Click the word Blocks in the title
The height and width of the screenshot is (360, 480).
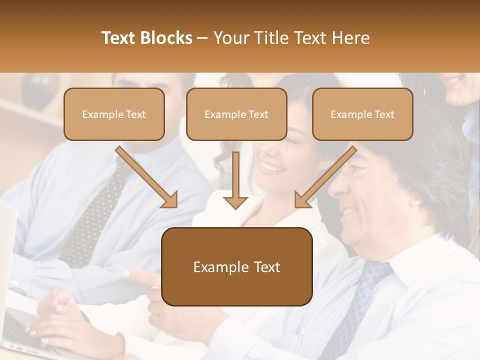click(166, 38)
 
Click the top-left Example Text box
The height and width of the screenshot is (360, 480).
click(114, 114)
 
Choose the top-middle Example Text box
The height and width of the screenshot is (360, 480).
click(236, 114)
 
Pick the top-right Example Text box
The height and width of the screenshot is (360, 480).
click(362, 114)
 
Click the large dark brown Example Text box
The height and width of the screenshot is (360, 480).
click(236, 267)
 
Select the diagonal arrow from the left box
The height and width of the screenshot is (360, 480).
click(147, 177)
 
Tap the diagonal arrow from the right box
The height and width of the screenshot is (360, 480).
click(325, 177)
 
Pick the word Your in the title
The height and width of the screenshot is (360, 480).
click(230, 38)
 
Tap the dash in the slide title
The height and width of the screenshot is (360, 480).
click(202, 38)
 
